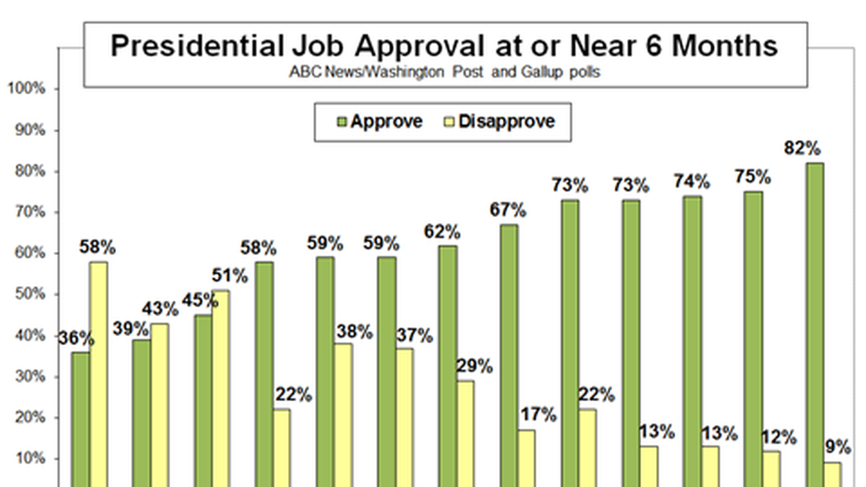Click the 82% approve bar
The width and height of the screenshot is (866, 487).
(x=815, y=325)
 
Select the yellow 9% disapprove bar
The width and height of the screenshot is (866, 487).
(x=833, y=474)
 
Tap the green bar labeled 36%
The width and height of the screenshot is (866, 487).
(x=80, y=419)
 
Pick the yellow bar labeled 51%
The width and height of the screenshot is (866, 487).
(x=221, y=388)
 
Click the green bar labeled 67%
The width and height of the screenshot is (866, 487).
(x=509, y=356)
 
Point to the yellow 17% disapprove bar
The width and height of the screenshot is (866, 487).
(x=526, y=458)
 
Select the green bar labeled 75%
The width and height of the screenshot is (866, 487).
(x=753, y=338)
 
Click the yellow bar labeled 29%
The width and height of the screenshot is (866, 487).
(x=465, y=433)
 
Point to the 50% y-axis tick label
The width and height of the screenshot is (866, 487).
(x=30, y=294)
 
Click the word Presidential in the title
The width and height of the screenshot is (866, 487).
(x=197, y=46)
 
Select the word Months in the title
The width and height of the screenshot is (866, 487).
(x=725, y=46)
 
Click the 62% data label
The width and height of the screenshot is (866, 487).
(x=442, y=232)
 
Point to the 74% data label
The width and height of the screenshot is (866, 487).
(x=691, y=181)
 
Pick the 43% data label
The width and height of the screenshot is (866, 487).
(x=160, y=309)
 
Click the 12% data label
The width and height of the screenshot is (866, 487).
(x=779, y=437)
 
